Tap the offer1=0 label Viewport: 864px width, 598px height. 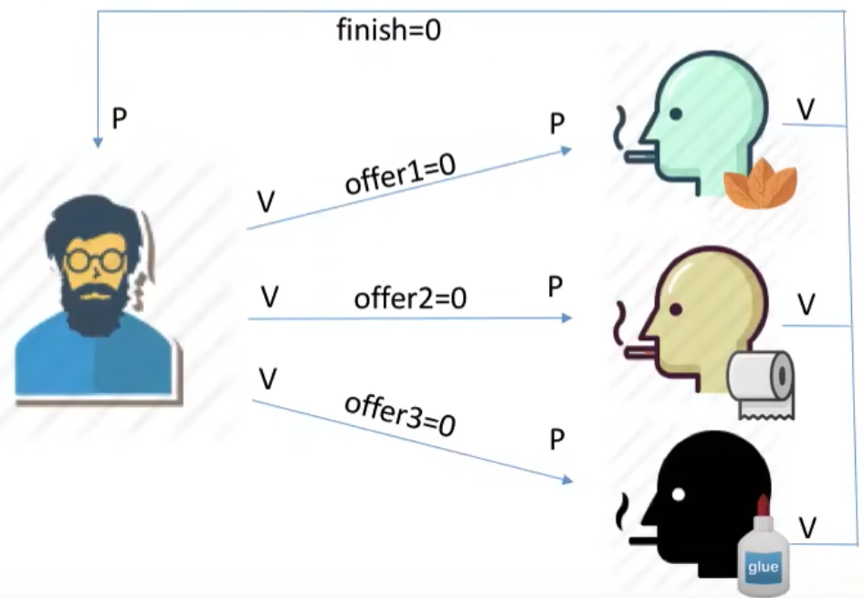click(400, 170)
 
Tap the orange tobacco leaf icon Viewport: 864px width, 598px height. click(760, 183)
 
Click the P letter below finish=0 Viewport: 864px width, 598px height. click(119, 119)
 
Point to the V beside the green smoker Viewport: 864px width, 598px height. click(805, 109)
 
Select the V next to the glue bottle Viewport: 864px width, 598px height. click(806, 527)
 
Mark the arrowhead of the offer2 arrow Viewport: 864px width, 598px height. click(567, 318)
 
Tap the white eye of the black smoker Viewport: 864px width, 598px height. click(678, 495)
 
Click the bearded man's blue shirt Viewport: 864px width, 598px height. click(91, 361)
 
